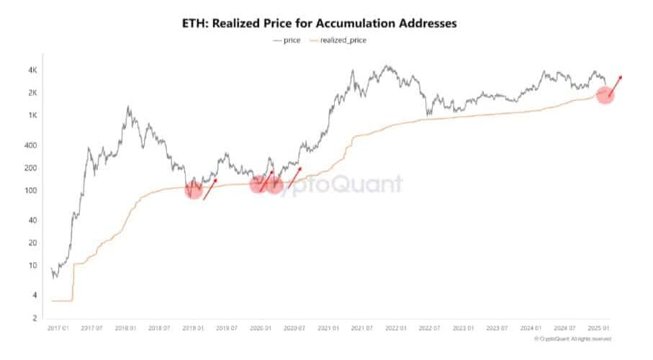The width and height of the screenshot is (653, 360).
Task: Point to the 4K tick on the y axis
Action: pyautogui.click(x=32, y=70)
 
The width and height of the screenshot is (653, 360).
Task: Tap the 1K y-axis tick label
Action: pyautogui.click(x=32, y=116)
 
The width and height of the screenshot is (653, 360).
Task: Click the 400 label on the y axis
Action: pyautogui.click(x=31, y=145)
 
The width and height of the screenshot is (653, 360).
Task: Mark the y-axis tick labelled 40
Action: pyautogui.click(x=32, y=220)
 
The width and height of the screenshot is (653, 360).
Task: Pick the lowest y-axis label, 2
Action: pyautogui.click(x=34, y=318)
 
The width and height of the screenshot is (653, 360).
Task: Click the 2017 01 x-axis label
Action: pyautogui.click(x=58, y=328)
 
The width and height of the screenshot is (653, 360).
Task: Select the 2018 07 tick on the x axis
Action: pyautogui.click(x=159, y=328)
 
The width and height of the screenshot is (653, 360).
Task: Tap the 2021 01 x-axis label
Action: pyautogui.click(x=328, y=328)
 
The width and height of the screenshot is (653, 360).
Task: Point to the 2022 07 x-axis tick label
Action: pyautogui.click(x=430, y=328)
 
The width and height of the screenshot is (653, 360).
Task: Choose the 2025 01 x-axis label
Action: pyautogui.click(x=599, y=328)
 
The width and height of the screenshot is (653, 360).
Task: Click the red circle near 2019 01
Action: pyautogui.click(x=194, y=190)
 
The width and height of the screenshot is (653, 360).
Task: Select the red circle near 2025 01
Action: pyautogui.click(x=605, y=96)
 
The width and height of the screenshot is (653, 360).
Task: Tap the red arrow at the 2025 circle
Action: pyautogui.click(x=615, y=86)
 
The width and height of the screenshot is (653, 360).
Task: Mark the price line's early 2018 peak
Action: pyautogui.click(x=128, y=107)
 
